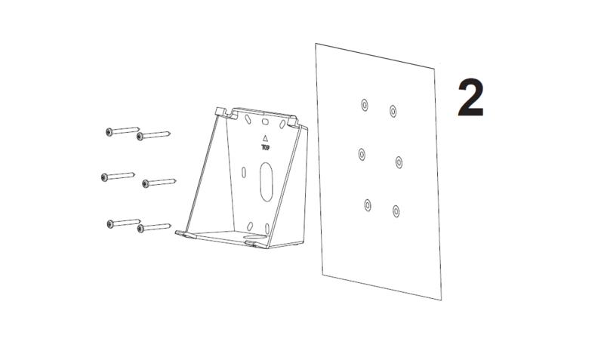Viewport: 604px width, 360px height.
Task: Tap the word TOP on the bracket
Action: (265, 149)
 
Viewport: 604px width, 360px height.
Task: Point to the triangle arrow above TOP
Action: (265, 138)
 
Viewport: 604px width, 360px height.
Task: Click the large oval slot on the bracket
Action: (264, 183)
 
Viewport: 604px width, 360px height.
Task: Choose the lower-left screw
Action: (112, 223)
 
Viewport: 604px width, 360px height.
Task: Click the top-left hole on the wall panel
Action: (364, 103)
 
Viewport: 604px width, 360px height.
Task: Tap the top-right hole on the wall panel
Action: (393, 110)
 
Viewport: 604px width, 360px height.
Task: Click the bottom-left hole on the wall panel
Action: (368, 204)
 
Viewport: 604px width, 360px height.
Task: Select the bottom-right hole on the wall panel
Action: (395, 210)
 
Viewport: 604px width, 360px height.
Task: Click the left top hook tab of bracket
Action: (223, 112)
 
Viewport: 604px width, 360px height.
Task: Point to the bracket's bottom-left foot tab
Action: (184, 234)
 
